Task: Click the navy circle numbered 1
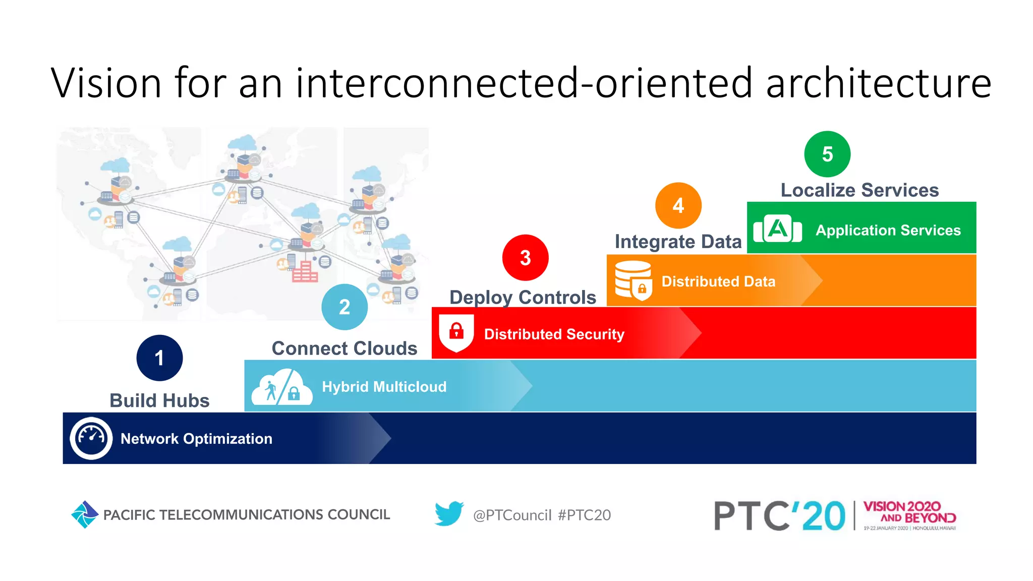pos(159,358)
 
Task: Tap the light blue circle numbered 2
pos(345,307)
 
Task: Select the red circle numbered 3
pos(525,258)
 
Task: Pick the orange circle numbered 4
pos(678,205)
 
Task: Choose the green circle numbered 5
pos(827,154)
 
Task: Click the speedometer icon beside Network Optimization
pos(91,438)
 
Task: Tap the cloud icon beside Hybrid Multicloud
pos(281,387)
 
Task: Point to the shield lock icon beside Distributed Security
pos(456,332)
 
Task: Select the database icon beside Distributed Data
pos(634,280)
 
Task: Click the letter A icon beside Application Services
pos(777,229)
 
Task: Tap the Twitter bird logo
pos(449,514)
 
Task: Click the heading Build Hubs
pos(159,400)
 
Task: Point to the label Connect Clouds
pos(345,348)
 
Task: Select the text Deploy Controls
pos(523,298)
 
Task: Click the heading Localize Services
pos(859,190)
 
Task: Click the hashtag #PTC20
pos(584,515)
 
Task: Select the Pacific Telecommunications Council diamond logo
pos(84,514)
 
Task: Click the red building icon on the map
pos(305,272)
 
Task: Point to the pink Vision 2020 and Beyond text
pos(909,512)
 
